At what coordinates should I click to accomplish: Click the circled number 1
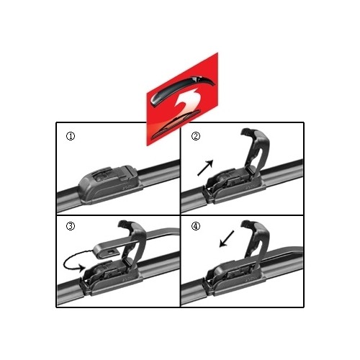71,136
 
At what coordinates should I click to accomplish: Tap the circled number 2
196,136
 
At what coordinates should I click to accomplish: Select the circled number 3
71,226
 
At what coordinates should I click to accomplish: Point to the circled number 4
196,226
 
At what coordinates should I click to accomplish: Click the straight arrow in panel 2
205,168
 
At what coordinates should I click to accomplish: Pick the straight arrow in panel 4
227,239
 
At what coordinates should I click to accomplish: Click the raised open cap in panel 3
133,243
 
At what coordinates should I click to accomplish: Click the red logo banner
182,99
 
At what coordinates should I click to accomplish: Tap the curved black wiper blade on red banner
182,89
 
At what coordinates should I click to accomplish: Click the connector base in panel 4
234,279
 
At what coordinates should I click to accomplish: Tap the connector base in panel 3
111,279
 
